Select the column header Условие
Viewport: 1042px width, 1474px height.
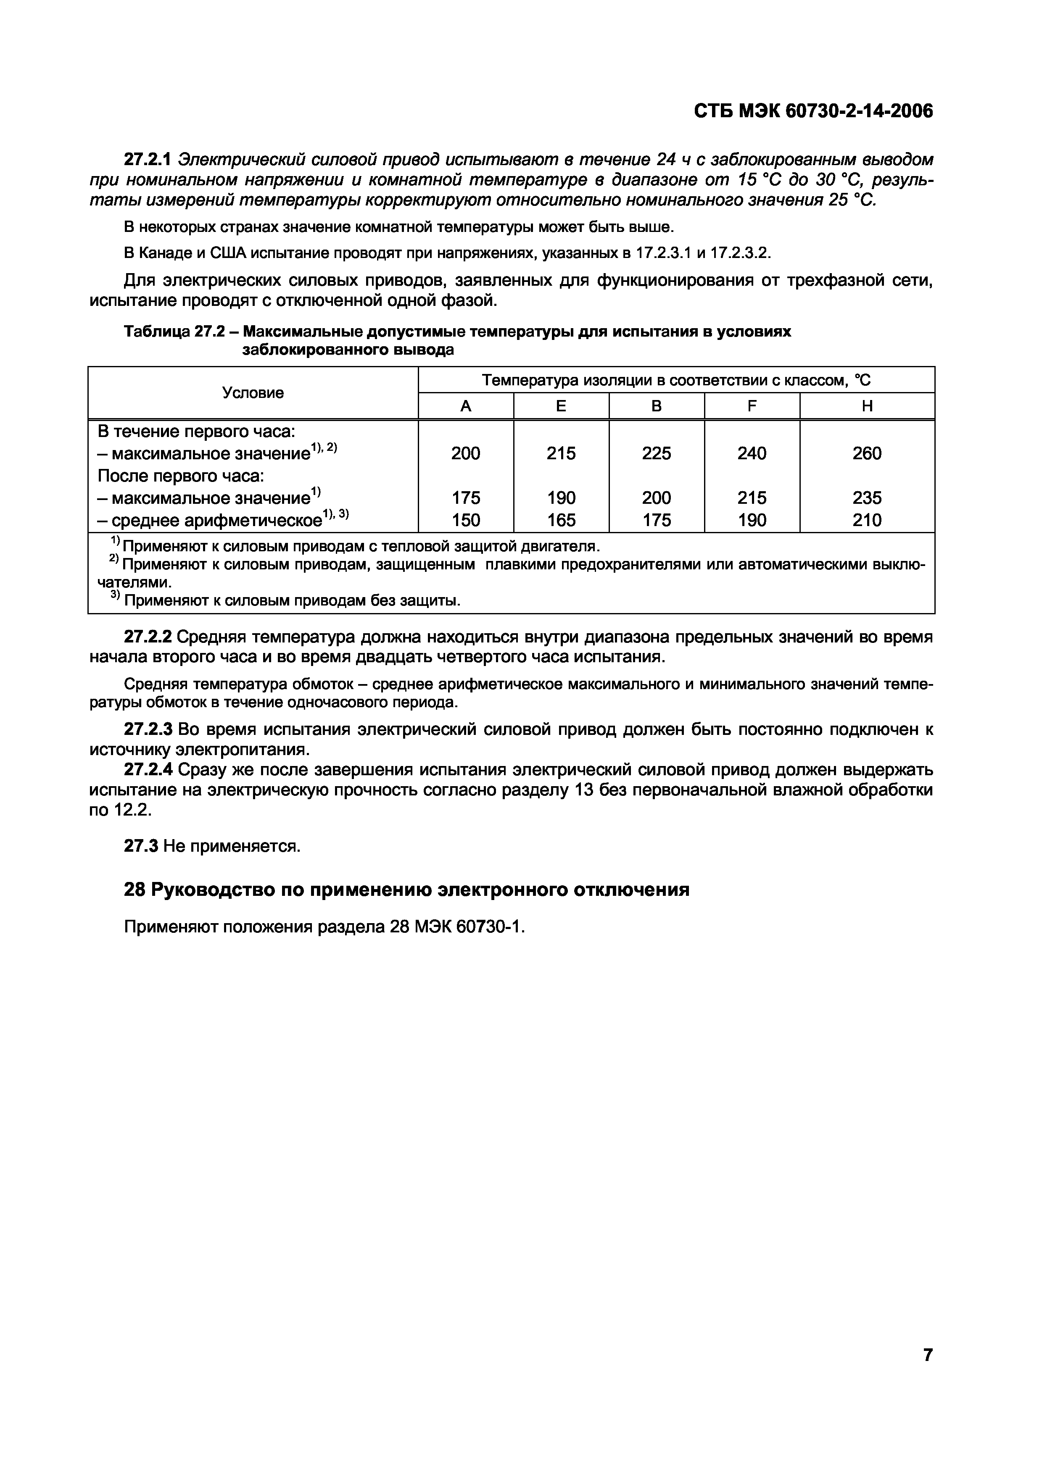(253, 393)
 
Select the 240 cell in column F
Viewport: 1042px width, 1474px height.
(752, 453)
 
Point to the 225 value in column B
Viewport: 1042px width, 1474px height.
(656, 453)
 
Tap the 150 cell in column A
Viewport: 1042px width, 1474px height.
(465, 520)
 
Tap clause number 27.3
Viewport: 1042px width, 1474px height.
(141, 846)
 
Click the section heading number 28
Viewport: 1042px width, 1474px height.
(134, 890)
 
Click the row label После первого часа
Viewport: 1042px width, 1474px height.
(181, 476)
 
